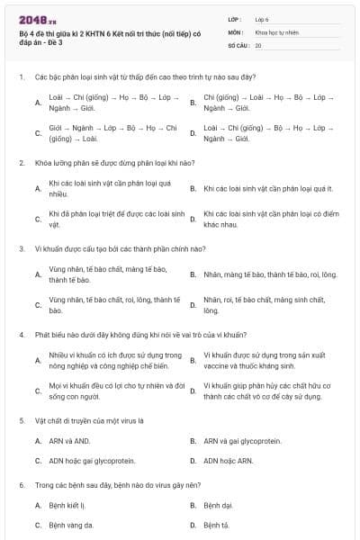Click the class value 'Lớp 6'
[x=262, y=18]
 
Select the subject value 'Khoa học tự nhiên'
[x=275, y=31]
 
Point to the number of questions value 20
[x=258, y=44]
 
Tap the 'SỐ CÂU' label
[x=238, y=44]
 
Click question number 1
[x=21, y=76]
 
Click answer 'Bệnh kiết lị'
[x=67, y=505]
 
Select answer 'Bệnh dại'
[x=218, y=505]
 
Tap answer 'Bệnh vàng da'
[x=71, y=525]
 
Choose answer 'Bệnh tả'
[x=216, y=525]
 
